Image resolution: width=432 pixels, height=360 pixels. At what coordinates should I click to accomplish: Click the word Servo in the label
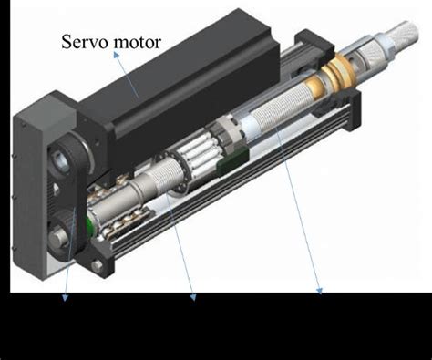tap(85, 42)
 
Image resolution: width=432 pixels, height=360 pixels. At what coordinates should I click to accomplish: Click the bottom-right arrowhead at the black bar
tap(320, 291)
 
